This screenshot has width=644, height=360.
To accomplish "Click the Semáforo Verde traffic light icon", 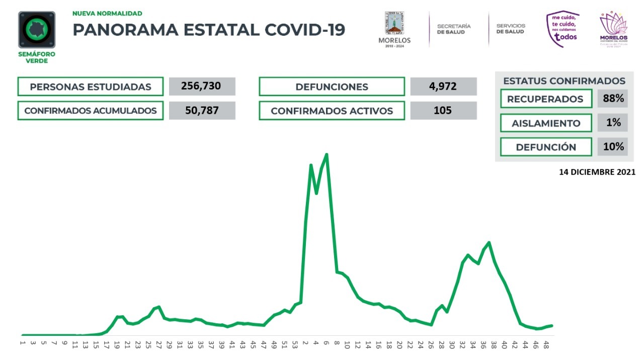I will pyautogui.click(x=37, y=30).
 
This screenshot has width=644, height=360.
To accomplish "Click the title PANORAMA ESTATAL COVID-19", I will pyautogui.click(x=209, y=30).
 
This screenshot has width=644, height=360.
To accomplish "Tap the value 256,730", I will pyautogui.click(x=202, y=86).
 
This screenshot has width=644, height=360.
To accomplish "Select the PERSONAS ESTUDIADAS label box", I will pyautogui.click(x=91, y=87).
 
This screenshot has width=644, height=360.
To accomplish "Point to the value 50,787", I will pyautogui.click(x=202, y=110).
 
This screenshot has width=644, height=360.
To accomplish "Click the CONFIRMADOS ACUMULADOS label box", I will pyautogui.click(x=91, y=111).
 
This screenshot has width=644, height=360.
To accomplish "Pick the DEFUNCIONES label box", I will pyautogui.click(x=332, y=87).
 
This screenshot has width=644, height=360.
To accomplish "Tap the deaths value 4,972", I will pyautogui.click(x=443, y=86).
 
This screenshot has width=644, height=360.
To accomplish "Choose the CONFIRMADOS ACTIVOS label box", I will pyautogui.click(x=332, y=111).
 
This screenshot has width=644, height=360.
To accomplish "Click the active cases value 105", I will pyautogui.click(x=443, y=110).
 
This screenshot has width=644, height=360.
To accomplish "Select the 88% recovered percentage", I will pyautogui.click(x=613, y=99).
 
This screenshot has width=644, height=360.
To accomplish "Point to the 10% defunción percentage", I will pyautogui.click(x=613, y=147).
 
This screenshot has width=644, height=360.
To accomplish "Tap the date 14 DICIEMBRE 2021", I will pyautogui.click(x=597, y=172).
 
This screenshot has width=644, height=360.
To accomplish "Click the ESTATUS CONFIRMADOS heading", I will pyautogui.click(x=564, y=81).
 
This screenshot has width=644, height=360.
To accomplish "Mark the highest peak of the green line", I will pyautogui.click(x=327, y=155).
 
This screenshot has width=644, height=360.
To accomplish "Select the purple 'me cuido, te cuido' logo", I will pyautogui.click(x=562, y=29).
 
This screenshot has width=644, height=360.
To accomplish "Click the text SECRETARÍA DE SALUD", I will pyautogui.click(x=454, y=29).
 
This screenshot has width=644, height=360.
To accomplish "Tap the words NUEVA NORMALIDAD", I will pyautogui.click(x=107, y=14).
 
